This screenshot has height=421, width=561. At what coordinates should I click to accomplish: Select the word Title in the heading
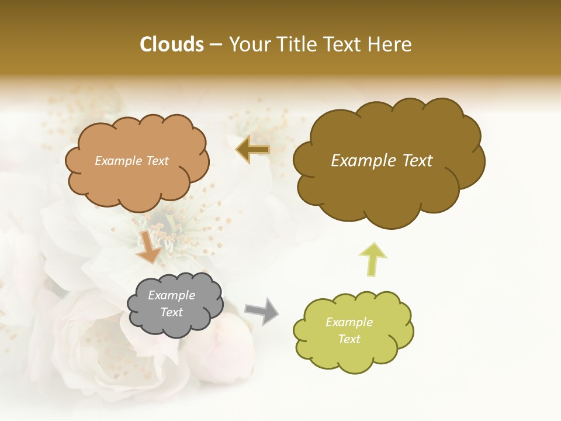297,44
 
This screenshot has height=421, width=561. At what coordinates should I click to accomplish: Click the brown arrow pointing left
252,149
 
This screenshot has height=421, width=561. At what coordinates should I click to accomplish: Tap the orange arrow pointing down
148,246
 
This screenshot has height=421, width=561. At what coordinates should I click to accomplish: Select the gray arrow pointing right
262,311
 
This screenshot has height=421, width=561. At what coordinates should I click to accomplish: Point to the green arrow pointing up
373,258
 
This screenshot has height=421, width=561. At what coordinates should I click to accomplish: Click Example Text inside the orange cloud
131,161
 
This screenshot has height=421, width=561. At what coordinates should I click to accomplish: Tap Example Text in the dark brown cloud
382,161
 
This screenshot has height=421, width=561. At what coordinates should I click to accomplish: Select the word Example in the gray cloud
171,295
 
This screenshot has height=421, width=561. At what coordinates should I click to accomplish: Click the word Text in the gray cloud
172,312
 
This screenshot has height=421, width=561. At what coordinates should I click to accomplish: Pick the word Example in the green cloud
349,322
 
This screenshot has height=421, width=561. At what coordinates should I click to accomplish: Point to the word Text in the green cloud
349,339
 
